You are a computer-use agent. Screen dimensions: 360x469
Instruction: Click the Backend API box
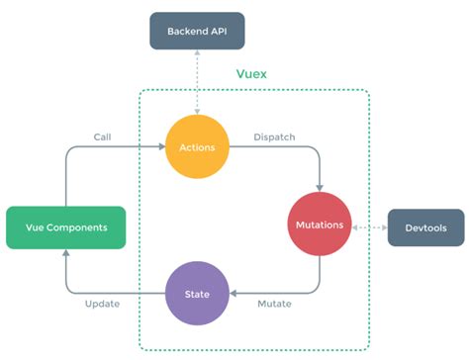(x=196, y=31)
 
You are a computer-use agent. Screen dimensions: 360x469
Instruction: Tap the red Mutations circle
(x=319, y=225)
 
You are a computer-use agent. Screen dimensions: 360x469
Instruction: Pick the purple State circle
(x=196, y=293)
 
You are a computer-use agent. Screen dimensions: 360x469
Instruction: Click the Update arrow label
(x=103, y=304)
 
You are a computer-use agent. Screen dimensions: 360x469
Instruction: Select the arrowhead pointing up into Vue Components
(x=65, y=253)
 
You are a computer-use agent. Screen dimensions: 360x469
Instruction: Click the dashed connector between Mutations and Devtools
(x=368, y=225)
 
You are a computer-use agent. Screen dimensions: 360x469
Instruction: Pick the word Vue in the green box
(x=33, y=226)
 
